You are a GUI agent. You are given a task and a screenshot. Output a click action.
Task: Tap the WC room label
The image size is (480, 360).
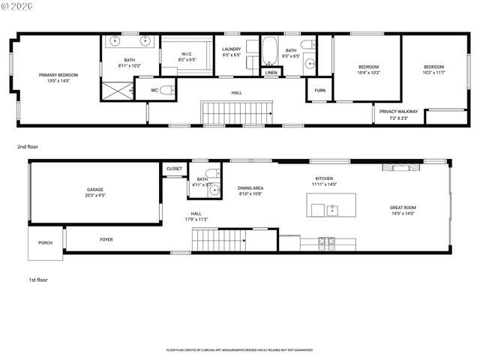coord(154,90)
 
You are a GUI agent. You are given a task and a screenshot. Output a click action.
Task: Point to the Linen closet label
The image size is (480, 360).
coord(271,73)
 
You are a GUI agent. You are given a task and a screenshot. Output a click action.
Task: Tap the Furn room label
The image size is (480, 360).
coord(319,90)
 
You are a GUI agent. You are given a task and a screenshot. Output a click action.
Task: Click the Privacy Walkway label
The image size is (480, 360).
coord(398,112)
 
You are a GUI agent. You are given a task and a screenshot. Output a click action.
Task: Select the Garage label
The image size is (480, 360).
coord(94,190)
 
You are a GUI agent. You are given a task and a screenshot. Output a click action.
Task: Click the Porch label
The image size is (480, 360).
coord(46,242)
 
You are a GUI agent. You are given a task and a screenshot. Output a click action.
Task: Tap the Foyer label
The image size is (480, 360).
coord(106,239)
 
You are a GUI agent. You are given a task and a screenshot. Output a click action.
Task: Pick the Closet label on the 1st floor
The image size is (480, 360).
coord(174,169)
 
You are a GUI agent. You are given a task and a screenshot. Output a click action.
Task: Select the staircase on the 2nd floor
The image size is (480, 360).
coord(237,113)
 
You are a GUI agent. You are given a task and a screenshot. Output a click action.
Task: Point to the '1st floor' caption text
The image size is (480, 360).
coord(37,280)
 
